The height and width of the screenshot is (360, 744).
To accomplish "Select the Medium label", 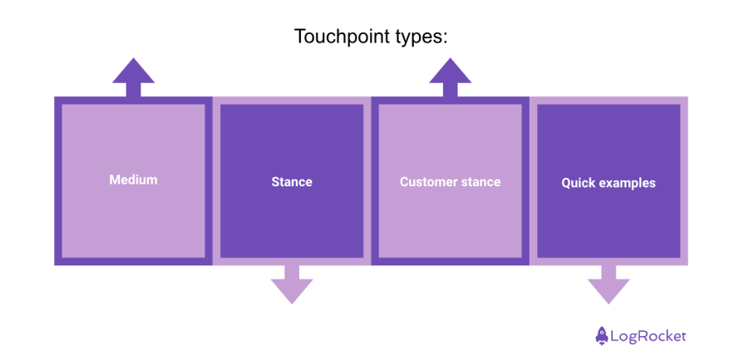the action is click(133, 180).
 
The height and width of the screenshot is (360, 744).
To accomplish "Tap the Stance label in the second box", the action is click(292, 181).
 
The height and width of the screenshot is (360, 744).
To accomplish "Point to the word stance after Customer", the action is click(482, 181).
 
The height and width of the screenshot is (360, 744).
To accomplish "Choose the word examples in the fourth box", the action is click(628, 183).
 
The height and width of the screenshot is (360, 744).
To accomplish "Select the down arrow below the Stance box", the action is click(292, 284).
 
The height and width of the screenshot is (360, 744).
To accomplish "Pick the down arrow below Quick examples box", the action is click(609, 284).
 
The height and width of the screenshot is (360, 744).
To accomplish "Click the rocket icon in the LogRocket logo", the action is click(601, 336).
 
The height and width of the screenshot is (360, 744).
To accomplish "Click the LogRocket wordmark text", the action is click(648, 336).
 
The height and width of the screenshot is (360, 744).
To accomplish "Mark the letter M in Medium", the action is click(114, 180).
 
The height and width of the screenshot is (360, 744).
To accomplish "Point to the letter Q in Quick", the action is click(566, 183).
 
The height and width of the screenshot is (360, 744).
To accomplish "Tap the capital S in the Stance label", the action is click(275, 181).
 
